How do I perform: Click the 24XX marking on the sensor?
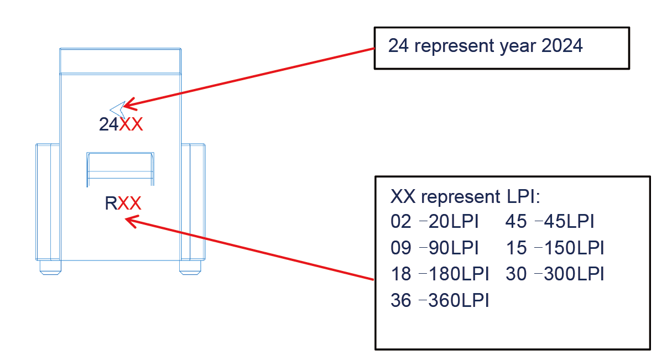pos(121,125)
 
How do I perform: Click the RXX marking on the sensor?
pos(123,204)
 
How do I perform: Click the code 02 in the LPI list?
pos(401,222)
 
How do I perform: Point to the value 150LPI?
pos(574,248)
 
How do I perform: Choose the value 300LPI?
pos(574,274)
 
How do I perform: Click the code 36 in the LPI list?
pos(401,300)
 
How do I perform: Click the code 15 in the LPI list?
pos(516,248)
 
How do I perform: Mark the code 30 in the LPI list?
pos(516,274)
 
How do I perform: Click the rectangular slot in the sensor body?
pos(121,169)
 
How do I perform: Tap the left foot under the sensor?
pos(50,267)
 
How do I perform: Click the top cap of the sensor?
pos(121,61)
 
